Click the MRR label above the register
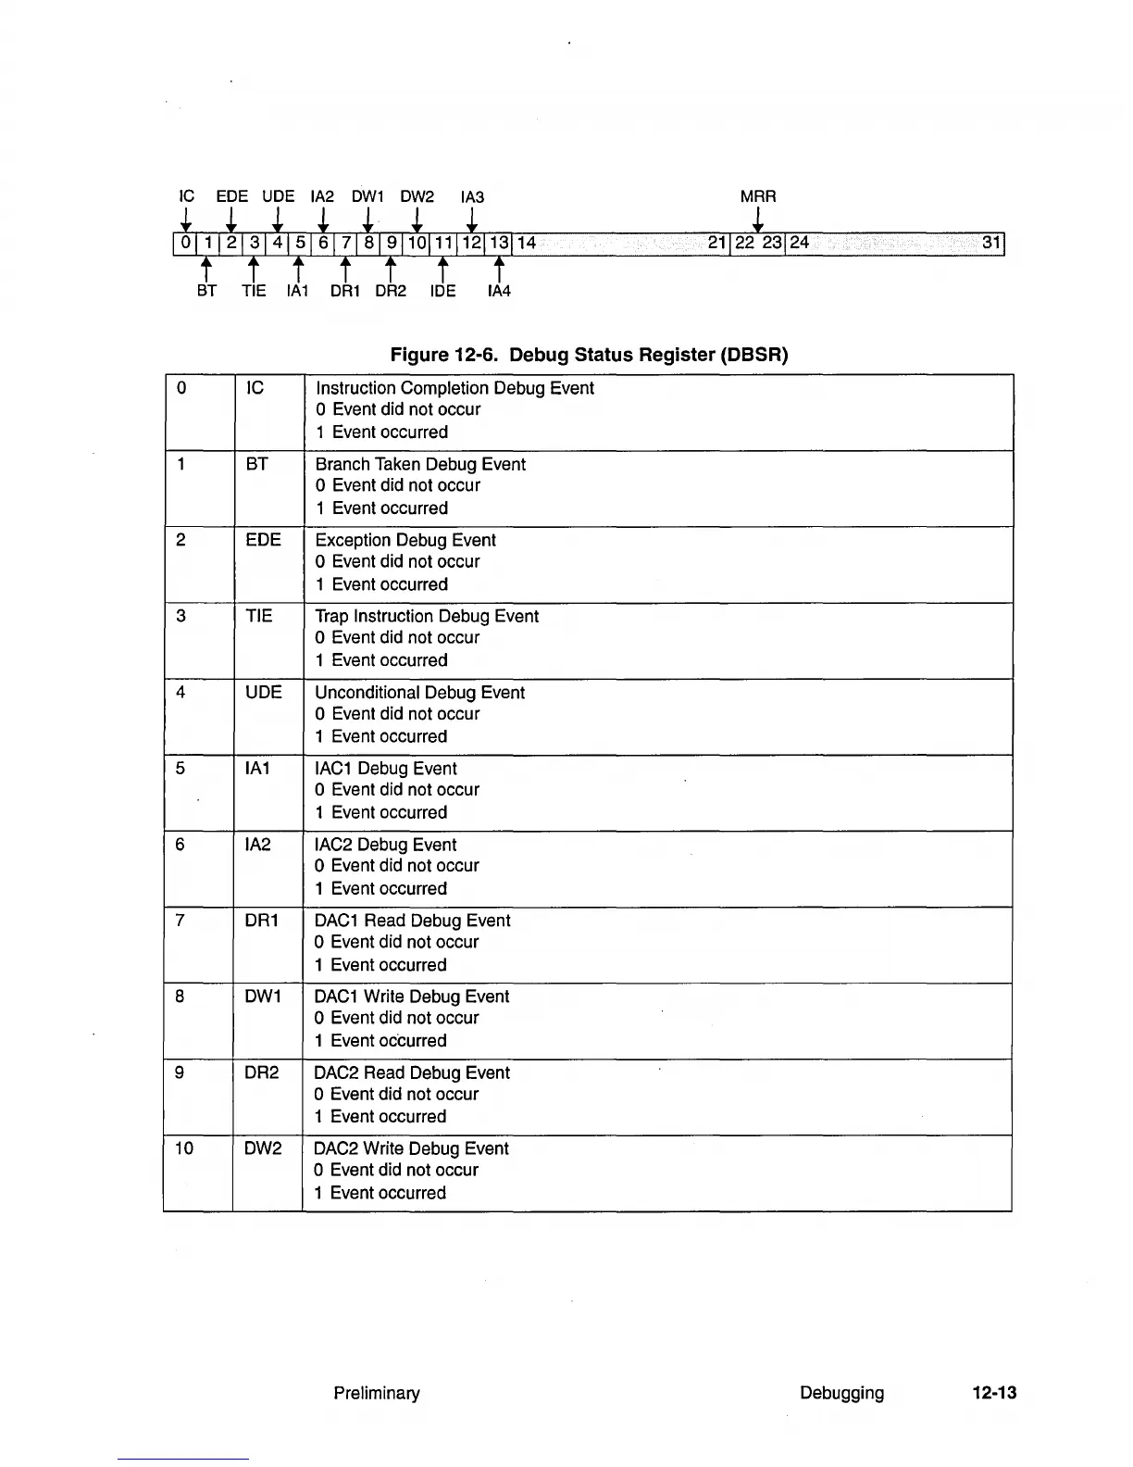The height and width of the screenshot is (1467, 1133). (758, 196)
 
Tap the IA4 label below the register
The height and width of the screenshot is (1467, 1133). (499, 291)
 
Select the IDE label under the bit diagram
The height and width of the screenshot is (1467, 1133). (442, 291)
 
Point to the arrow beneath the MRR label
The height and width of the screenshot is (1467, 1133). (758, 220)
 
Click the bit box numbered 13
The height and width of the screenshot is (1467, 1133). (499, 244)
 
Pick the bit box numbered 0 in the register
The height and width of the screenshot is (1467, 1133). (185, 244)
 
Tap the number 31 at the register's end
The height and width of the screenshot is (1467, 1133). (991, 243)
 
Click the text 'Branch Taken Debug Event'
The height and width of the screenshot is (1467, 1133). (420, 464)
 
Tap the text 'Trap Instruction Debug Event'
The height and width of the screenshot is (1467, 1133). (427, 616)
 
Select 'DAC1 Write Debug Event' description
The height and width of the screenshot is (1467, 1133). (412, 997)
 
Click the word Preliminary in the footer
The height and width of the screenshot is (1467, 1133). (377, 1393)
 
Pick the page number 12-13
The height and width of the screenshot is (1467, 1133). (994, 1393)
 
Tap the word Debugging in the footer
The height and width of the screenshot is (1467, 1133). (841, 1393)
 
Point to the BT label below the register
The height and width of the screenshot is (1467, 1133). (206, 291)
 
